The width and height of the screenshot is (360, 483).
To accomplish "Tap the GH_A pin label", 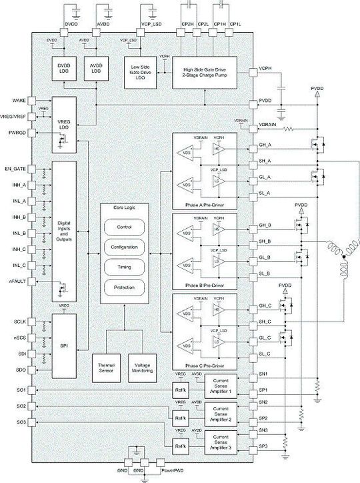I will pos(264,144).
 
